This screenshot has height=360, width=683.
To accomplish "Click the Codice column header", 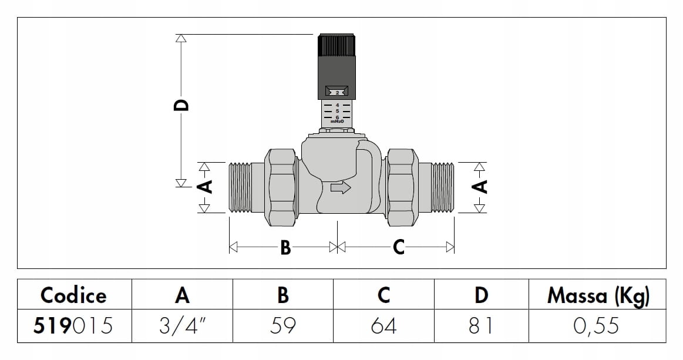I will click(73, 295).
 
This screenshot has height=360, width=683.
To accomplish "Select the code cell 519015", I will click(73, 325).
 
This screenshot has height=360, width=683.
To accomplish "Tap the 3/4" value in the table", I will click(182, 325).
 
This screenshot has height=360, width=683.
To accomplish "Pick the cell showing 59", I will click(282, 325).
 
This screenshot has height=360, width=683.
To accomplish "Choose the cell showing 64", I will click(383, 325).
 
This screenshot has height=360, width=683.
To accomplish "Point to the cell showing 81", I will click(481, 325).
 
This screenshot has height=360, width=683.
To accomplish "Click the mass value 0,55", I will click(597, 325).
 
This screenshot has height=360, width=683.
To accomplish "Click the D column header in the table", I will click(481, 295).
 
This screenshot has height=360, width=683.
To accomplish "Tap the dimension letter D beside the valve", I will click(183, 105).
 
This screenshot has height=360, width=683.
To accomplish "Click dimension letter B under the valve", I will click(285, 248).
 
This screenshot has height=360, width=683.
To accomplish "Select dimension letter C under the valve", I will click(399, 248).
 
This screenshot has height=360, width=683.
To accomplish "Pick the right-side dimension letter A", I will click(480, 187).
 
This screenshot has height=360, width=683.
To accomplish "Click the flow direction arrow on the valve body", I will click(341, 188).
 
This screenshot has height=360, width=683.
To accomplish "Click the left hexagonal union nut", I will click(281, 187).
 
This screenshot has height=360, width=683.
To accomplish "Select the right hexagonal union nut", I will click(402, 187).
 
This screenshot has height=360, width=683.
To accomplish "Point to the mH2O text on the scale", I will click(337, 122).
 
